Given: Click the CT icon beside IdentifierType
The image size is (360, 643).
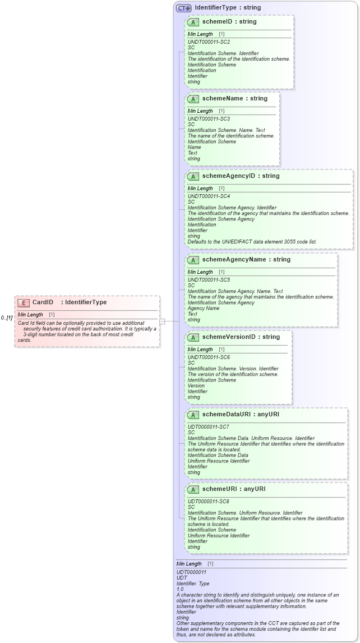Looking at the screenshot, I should coord(184,8).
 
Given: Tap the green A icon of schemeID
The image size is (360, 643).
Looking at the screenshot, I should coord(193,22).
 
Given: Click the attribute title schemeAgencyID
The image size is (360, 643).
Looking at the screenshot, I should coord(241,176).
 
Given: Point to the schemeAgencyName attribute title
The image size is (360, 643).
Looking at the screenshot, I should coord(246,260).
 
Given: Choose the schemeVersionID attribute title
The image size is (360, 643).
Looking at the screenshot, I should coord(241,337).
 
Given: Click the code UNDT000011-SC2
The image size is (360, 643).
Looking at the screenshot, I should coord(209,42).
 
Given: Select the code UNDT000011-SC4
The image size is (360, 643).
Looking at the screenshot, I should coord(209,196).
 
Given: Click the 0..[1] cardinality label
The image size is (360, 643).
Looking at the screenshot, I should coord(7,318).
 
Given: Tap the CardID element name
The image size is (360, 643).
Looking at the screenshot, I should coord(43,302).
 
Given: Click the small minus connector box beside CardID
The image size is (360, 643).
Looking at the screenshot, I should coord(163,321).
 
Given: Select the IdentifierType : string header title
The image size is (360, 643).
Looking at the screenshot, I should coord(228,8).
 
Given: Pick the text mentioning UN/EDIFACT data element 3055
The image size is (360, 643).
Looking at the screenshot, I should coord(252,242).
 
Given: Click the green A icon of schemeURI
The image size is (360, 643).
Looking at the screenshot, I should coord(193,489).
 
